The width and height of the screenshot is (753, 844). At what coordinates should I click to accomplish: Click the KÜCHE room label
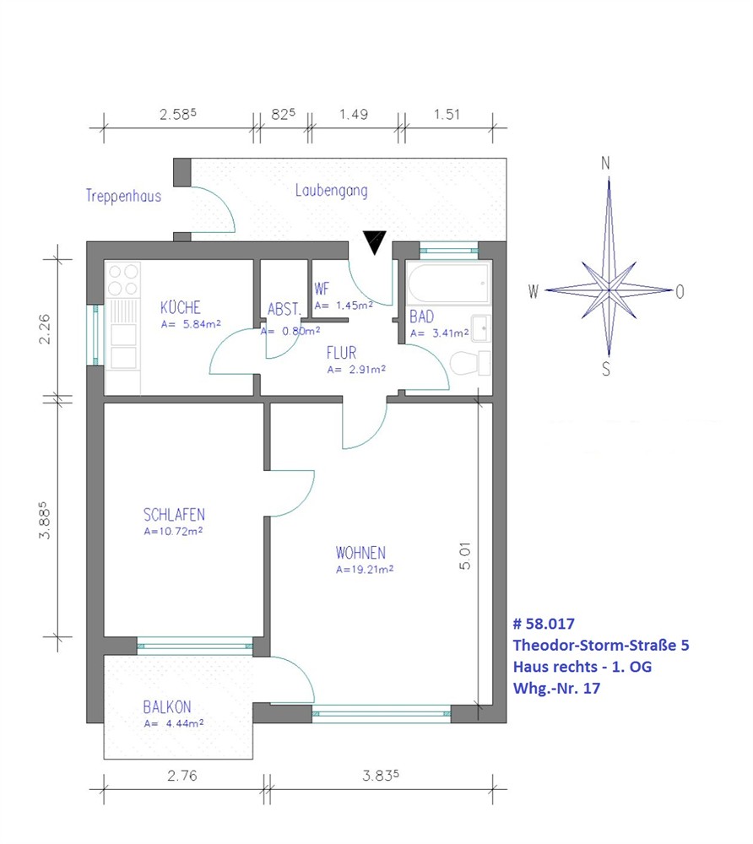click(x=181, y=307)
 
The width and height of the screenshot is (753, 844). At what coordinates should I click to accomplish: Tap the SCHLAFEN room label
click(x=174, y=515)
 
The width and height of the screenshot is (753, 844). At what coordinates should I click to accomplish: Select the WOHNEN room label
click(x=360, y=553)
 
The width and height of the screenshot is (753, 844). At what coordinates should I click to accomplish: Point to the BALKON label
click(x=167, y=706)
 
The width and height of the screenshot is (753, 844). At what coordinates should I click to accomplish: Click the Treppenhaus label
click(x=124, y=196)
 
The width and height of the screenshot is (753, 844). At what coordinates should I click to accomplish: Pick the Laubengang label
click(x=332, y=191)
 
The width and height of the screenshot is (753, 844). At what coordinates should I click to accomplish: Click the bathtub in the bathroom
click(x=449, y=284)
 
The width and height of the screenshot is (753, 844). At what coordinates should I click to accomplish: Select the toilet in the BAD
click(x=470, y=363)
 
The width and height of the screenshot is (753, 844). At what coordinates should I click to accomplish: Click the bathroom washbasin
click(x=480, y=328)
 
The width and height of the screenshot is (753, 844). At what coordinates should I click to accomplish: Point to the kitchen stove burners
click(x=123, y=280)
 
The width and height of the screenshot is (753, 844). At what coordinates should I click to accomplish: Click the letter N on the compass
click(x=605, y=163)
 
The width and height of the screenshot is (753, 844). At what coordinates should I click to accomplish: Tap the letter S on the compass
click(x=606, y=369)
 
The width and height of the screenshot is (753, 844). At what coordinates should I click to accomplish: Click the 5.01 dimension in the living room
click(x=465, y=556)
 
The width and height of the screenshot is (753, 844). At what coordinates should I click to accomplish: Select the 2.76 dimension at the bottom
click(x=182, y=776)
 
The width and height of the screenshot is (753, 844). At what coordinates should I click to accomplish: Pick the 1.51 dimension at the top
click(x=447, y=114)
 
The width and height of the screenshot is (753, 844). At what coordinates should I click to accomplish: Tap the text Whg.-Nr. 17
click(x=556, y=689)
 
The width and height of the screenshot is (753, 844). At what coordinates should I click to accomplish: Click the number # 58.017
click(x=544, y=624)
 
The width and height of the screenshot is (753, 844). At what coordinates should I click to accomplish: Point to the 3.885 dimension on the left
click(x=44, y=520)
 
